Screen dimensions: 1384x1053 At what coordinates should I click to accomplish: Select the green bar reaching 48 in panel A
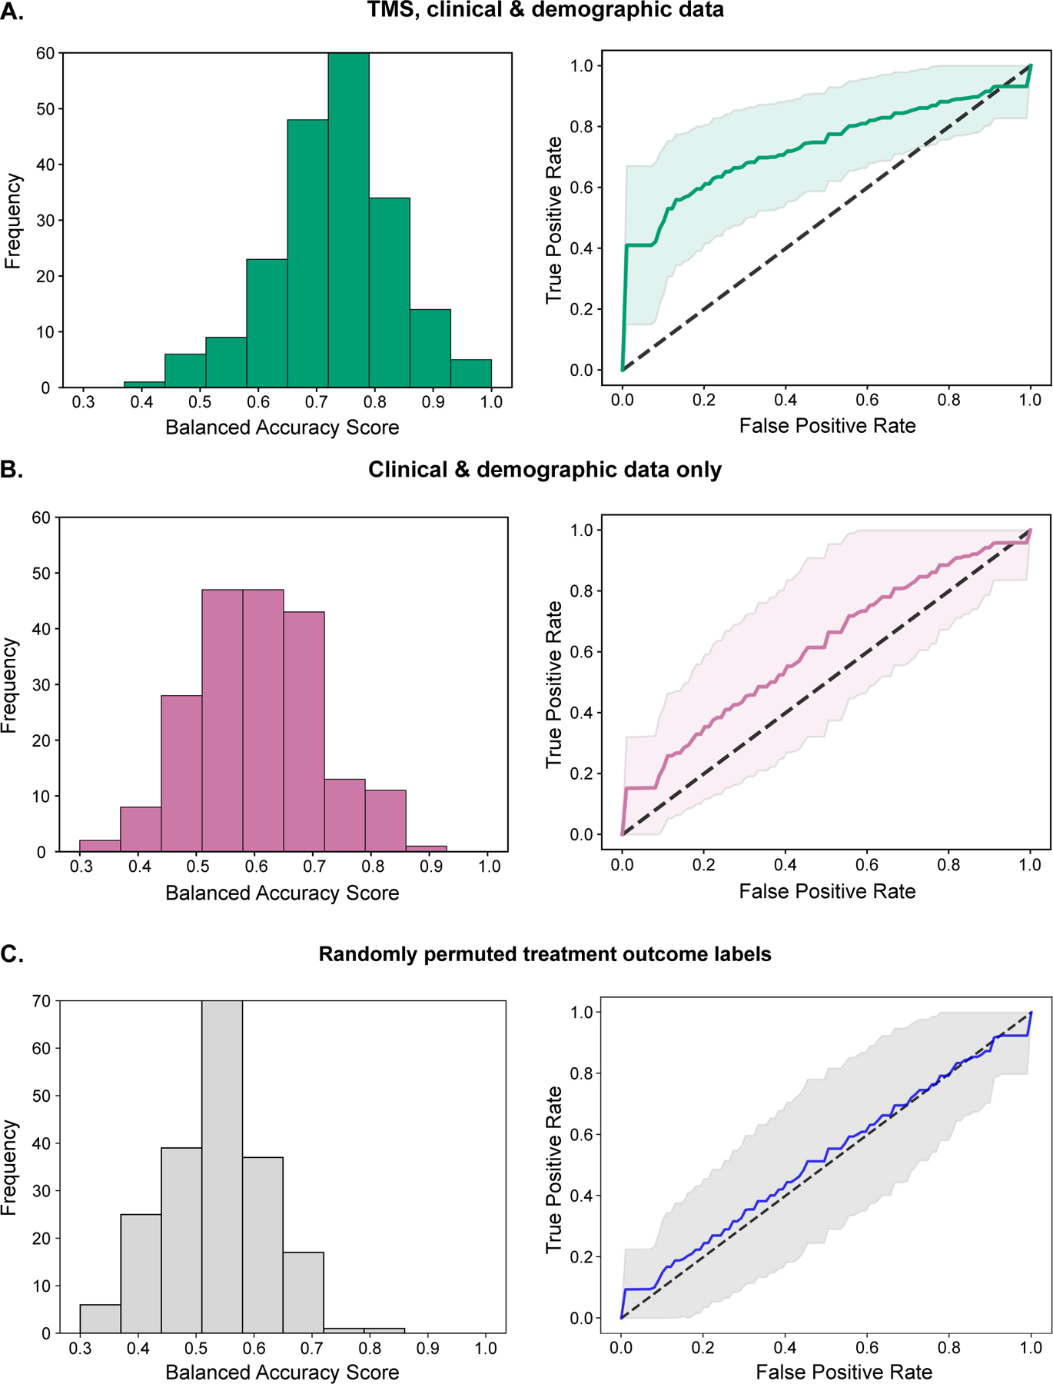307,254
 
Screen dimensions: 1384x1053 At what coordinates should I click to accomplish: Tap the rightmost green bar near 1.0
470,374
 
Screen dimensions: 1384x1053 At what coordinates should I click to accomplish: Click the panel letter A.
12,12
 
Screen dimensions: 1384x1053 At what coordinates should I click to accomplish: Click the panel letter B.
12,470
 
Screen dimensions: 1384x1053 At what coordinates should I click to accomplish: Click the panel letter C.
12,954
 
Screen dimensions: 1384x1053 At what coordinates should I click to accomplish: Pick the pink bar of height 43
304,731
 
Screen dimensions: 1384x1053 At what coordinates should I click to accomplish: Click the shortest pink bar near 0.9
426,849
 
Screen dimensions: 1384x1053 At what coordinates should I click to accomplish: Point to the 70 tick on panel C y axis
42,1001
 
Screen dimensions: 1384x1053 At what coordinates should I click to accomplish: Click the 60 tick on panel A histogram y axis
45,53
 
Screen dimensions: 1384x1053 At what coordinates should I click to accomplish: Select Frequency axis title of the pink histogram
9,685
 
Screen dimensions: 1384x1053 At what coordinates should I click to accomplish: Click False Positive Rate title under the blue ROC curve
843,1372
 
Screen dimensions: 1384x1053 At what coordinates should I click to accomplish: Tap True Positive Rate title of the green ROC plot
554,220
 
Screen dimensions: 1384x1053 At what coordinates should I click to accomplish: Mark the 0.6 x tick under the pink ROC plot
867,865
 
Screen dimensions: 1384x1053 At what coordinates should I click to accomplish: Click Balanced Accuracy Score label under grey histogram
282,1372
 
